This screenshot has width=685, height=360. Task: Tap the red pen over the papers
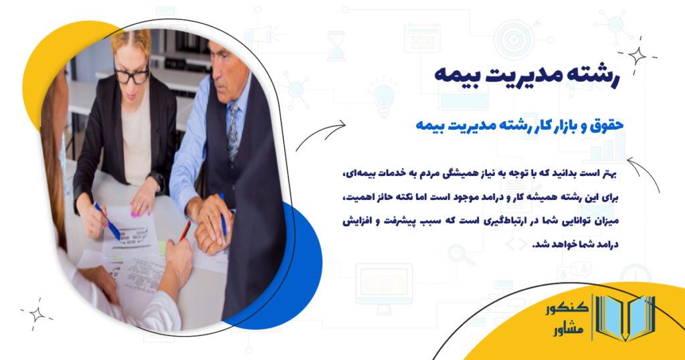coord(185,231)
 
